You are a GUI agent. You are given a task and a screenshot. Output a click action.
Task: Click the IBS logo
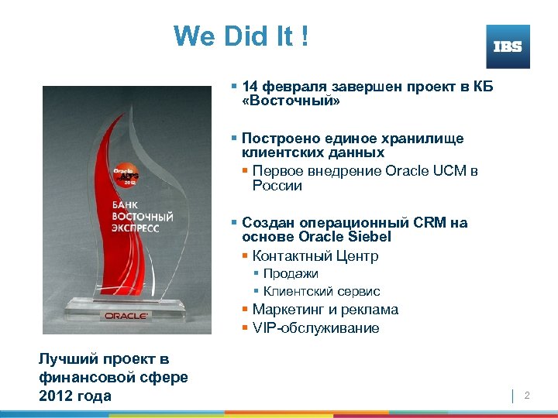508,46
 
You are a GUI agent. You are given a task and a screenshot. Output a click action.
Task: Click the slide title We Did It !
241,36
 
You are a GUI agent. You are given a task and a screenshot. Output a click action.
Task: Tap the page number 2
526,396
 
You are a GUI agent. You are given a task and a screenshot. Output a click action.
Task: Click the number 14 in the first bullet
250,87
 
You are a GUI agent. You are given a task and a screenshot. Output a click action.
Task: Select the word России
277,186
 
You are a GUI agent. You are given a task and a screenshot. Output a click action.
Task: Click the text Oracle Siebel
348,237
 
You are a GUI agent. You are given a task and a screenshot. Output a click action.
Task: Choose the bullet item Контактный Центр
315,256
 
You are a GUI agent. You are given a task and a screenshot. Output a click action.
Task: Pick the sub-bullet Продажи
291,274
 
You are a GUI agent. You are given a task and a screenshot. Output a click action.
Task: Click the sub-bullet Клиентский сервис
322,292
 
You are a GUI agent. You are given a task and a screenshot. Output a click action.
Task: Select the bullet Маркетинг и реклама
325,310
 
